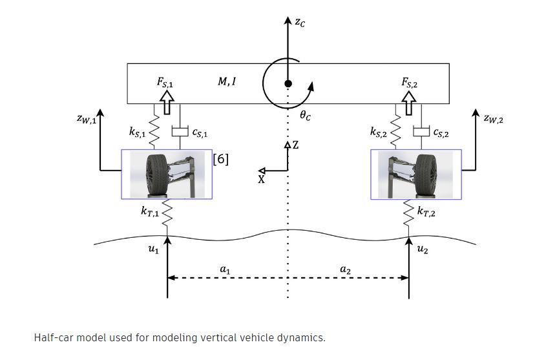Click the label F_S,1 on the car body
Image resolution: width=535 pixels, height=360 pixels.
pyautogui.click(x=164, y=83)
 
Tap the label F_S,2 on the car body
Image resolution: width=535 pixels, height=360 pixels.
pyautogui.click(x=412, y=83)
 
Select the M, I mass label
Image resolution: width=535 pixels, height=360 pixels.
pyautogui.click(x=227, y=82)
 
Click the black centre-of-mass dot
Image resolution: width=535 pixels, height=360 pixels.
pyautogui.click(x=288, y=83)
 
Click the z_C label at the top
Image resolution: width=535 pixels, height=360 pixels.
pyautogui.click(x=300, y=22)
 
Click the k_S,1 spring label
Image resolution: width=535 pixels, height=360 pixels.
pyautogui.click(x=138, y=132)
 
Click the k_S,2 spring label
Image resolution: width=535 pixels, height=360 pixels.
pyautogui.click(x=379, y=132)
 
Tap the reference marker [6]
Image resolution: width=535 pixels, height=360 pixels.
pyautogui.click(x=221, y=159)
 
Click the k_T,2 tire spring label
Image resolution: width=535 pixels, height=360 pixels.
pyautogui.click(x=427, y=211)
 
